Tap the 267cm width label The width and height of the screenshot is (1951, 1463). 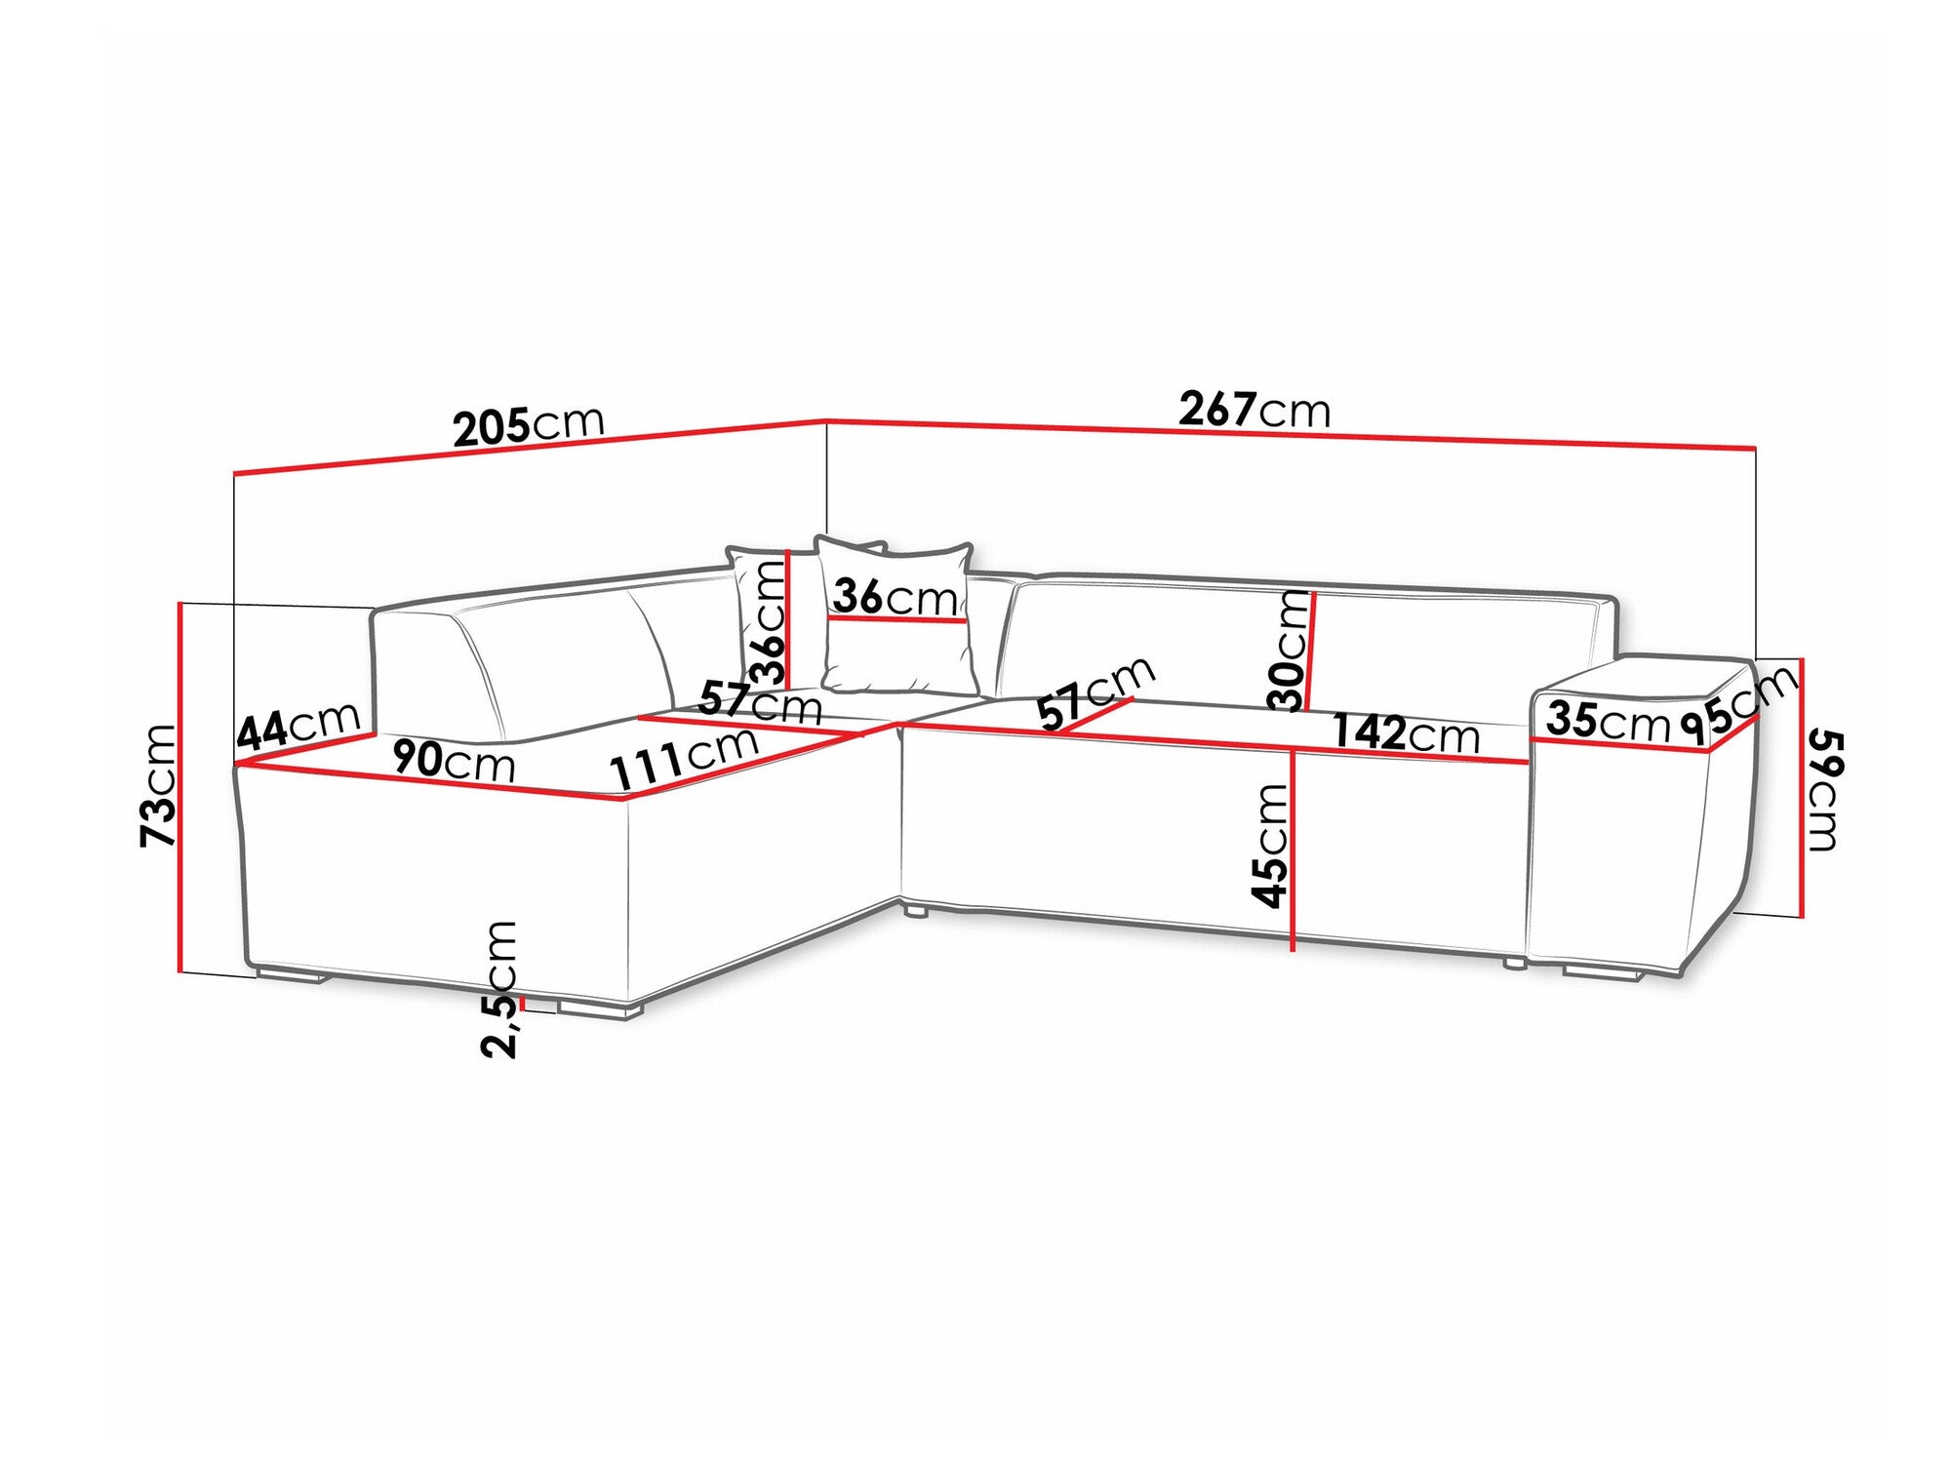click(x=1254, y=410)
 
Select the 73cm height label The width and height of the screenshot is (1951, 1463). click(x=158, y=785)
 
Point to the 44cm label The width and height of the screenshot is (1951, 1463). click(x=299, y=725)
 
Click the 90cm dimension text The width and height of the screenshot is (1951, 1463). click(x=454, y=761)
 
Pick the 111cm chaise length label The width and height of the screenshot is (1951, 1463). click(x=684, y=758)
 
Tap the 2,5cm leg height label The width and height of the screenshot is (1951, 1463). click(x=499, y=988)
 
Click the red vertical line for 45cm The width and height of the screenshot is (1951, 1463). click(x=1294, y=849)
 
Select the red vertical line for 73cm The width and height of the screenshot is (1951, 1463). click(x=180, y=788)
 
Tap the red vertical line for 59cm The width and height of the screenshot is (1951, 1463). click(x=1801, y=788)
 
